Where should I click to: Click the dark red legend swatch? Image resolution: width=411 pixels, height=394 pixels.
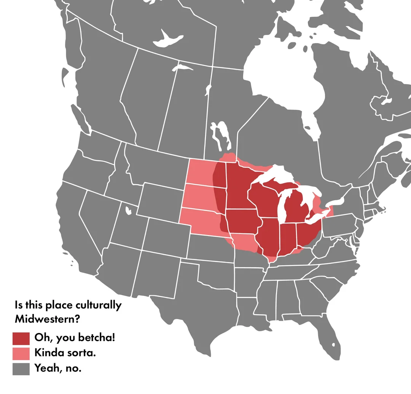click(x=21, y=338)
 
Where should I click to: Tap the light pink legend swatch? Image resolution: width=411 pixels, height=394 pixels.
click(x=21, y=353)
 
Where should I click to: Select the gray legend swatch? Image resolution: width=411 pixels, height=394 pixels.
click(x=21, y=369)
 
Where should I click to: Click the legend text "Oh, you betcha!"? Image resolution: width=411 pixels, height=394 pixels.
click(x=75, y=338)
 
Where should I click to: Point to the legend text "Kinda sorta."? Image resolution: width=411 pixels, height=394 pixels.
click(x=65, y=353)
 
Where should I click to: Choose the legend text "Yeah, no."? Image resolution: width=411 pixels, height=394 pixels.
click(x=58, y=368)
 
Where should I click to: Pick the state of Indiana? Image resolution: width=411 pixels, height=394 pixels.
click(x=288, y=238)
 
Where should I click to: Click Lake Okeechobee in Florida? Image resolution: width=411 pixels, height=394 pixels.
click(x=334, y=345)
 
